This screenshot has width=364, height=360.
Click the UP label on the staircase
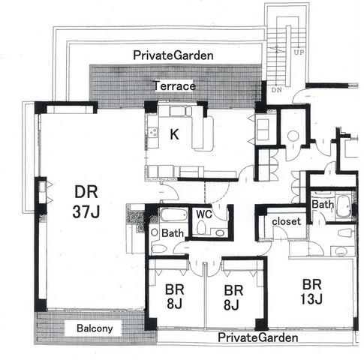(x=299, y=52)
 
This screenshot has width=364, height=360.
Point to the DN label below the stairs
(x=276, y=90)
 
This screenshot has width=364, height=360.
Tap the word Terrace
(x=174, y=86)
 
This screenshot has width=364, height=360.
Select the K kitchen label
(x=174, y=134)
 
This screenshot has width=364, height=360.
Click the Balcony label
(x=95, y=328)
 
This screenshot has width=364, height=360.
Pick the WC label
(x=204, y=214)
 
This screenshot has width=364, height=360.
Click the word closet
(x=286, y=221)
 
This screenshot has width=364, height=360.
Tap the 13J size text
(x=311, y=298)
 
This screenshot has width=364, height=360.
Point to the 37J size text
(x=86, y=212)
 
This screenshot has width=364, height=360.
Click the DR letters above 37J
(x=86, y=192)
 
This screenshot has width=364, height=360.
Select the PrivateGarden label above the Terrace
(x=173, y=55)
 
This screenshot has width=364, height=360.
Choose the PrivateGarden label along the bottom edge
(x=258, y=337)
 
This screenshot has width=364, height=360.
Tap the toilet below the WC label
(x=201, y=227)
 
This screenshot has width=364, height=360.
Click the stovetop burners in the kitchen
(x=152, y=132)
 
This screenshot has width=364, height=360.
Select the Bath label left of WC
(x=173, y=233)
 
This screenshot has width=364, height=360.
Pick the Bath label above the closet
(x=323, y=205)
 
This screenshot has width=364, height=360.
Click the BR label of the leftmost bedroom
(x=175, y=289)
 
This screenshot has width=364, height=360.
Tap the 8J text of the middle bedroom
(x=232, y=305)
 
